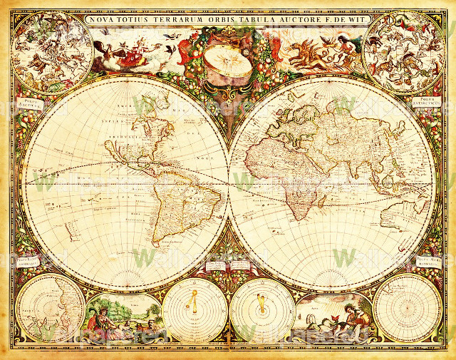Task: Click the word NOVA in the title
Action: point(100,20)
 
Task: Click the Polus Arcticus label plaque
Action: point(31,104)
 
